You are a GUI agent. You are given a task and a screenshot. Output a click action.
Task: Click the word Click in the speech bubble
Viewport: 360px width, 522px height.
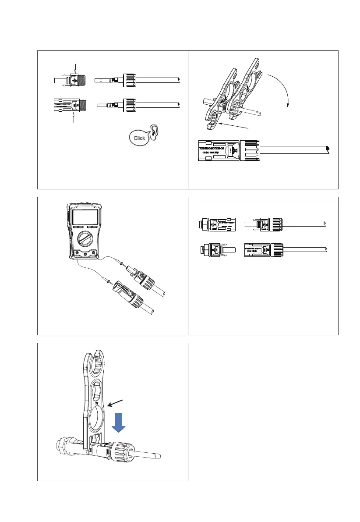(x=139, y=138)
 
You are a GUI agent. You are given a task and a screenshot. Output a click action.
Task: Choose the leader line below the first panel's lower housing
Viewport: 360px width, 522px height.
(x=75, y=119)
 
